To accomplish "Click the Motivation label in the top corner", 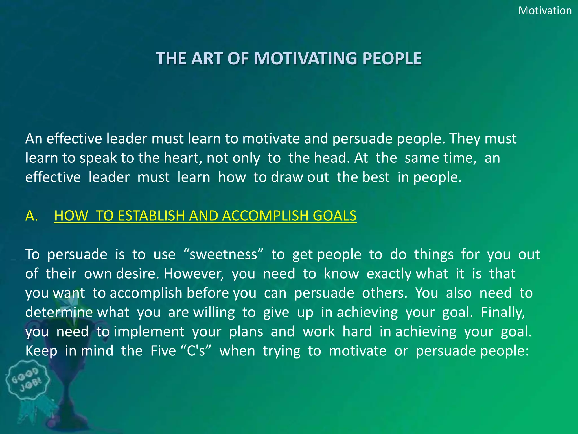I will point(545,11).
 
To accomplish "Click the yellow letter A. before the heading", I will point(32,216).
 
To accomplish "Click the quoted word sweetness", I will point(223,254).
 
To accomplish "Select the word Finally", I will point(503,312).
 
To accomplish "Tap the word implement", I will point(149,331).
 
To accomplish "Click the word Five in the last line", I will point(163,351).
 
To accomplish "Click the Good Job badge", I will point(28,380).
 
